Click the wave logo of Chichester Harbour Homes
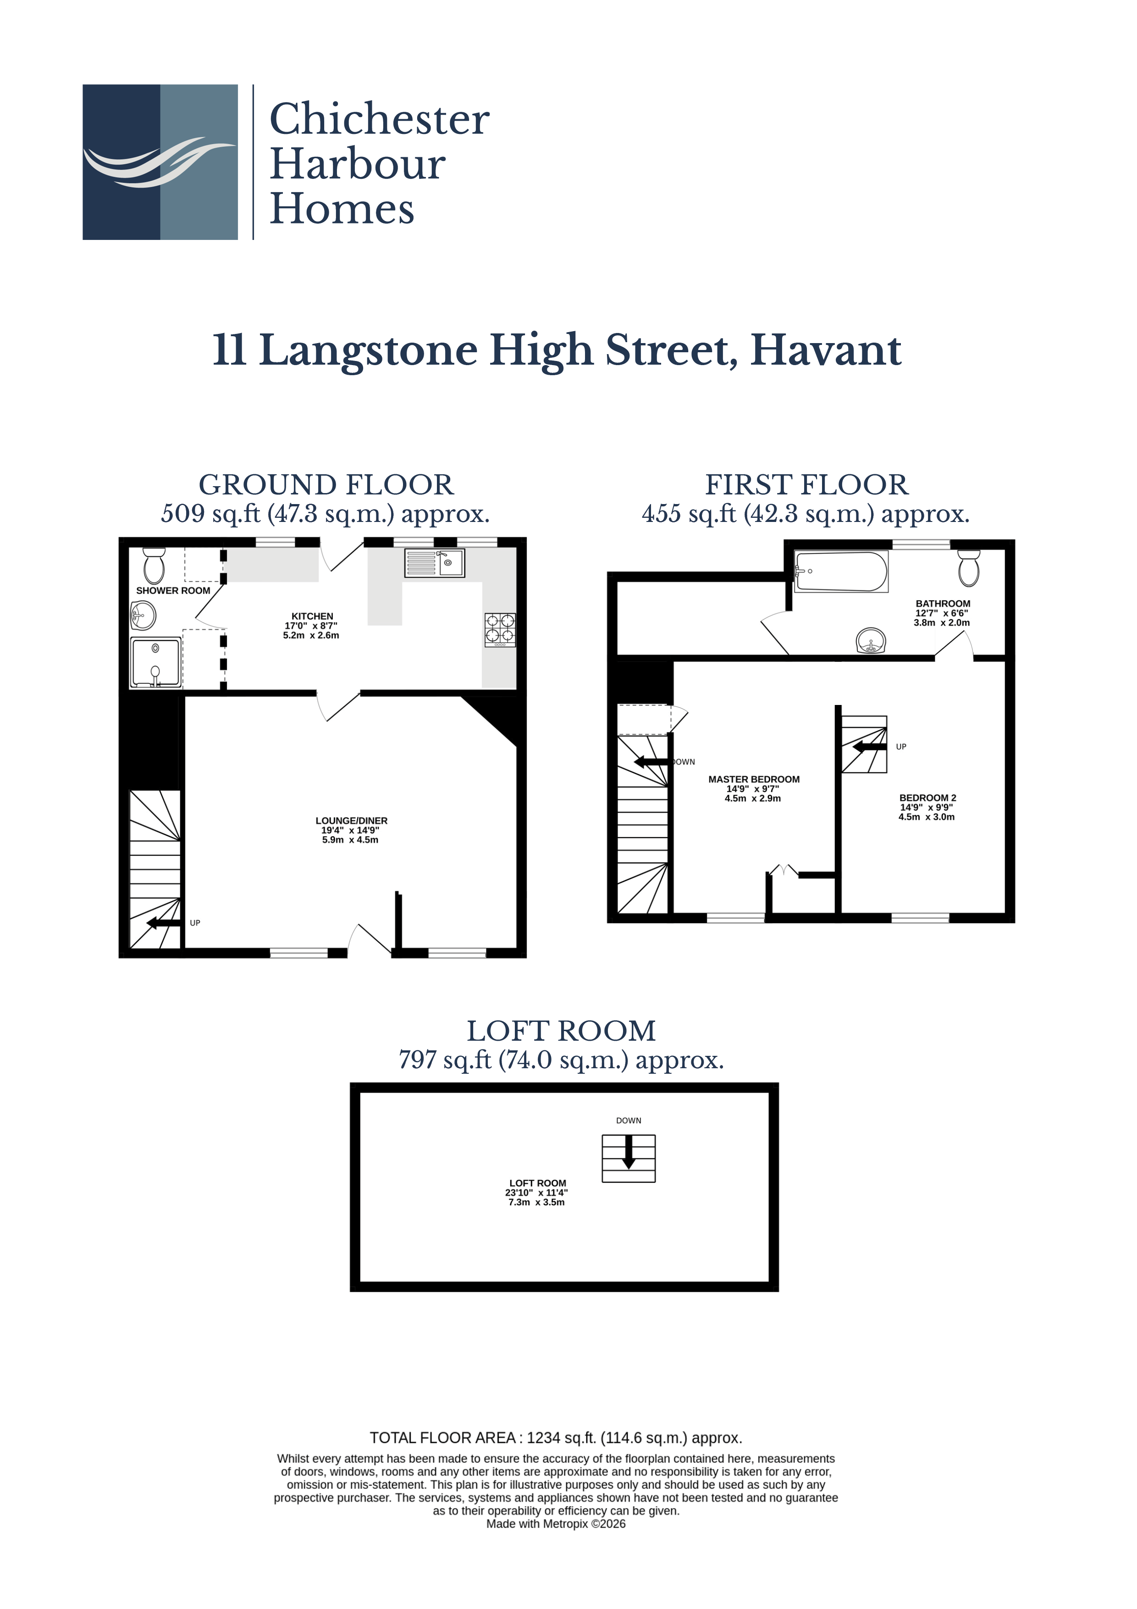pyautogui.click(x=160, y=162)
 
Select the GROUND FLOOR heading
pyautogui.click(x=326, y=485)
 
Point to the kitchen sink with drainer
pyautogui.click(x=434, y=563)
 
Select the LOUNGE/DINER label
pyautogui.click(x=351, y=821)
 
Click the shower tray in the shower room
pyautogui.click(x=155, y=661)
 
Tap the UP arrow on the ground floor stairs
pyautogui.click(x=164, y=923)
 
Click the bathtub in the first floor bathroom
pyautogui.click(x=841, y=571)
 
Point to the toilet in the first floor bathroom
pyautogui.click(x=968, y=568)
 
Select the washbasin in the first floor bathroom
pyautogui.click(x=871, y=640)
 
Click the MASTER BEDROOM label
pyautogui.click(x=753, y=779)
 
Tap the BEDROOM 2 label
pyautogui.click(x=927, y=798)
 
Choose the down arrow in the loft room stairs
pyautogui.click(x=629, y=1151)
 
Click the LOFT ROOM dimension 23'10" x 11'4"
pyautogui.click(x=536, y=1192)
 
